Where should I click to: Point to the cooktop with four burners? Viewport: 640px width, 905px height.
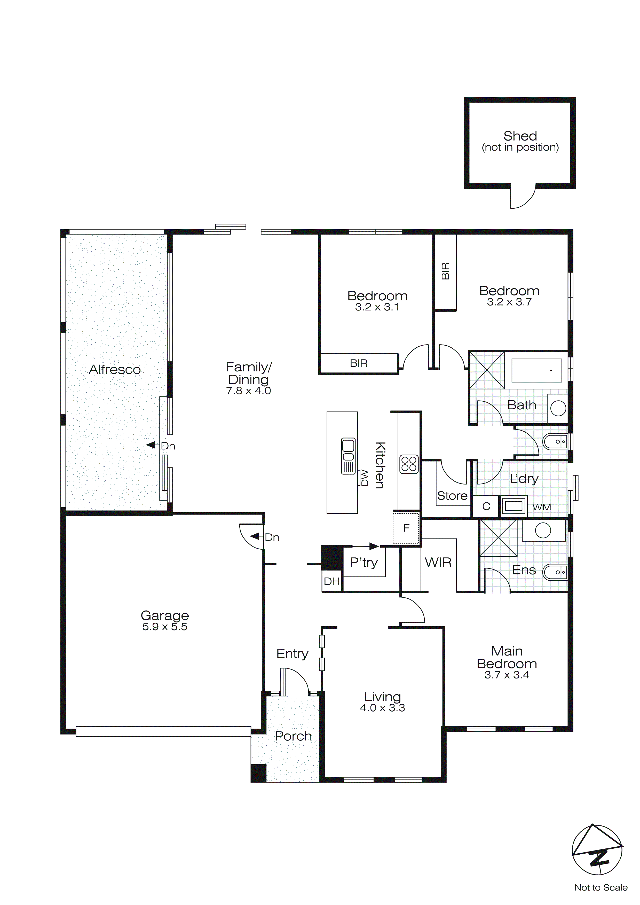(x=409, y=464)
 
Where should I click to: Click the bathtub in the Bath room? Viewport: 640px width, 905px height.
(x=536, y=371)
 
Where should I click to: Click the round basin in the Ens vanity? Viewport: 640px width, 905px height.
(x=543, y=530)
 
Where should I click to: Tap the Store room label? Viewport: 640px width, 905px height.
(x=452, y=496)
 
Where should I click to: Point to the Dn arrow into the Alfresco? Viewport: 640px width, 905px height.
(x=151, y=445)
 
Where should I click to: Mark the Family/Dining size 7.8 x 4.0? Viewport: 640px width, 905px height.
(x=248, y=391)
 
